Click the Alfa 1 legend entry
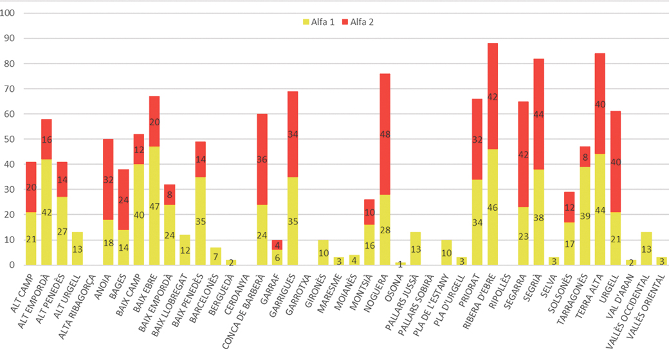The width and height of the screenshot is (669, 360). (315, 22)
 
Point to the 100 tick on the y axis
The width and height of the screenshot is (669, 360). (12, 14)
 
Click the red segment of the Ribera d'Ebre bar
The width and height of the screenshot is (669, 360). (493, 96)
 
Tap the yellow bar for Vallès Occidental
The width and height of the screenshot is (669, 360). (647, 248)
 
